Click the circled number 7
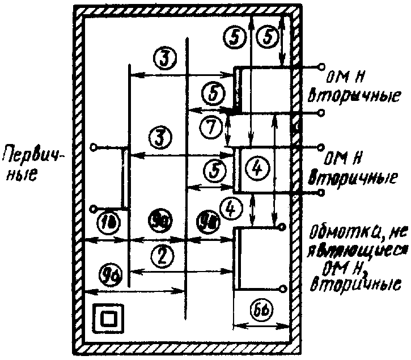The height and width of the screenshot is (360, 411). [x=211, y=128]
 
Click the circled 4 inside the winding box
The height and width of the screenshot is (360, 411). [x=257, y=168]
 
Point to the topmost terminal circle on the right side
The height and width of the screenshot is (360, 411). [x=322, y=66]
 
